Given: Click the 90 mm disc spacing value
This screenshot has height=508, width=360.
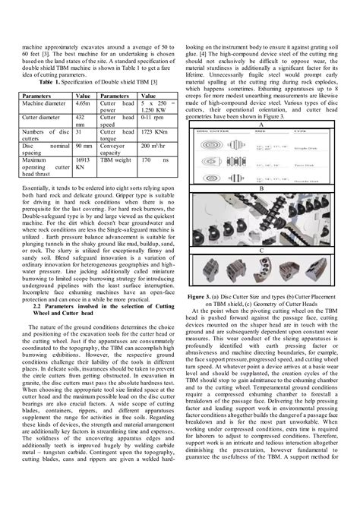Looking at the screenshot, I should click(x=84, y=146).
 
